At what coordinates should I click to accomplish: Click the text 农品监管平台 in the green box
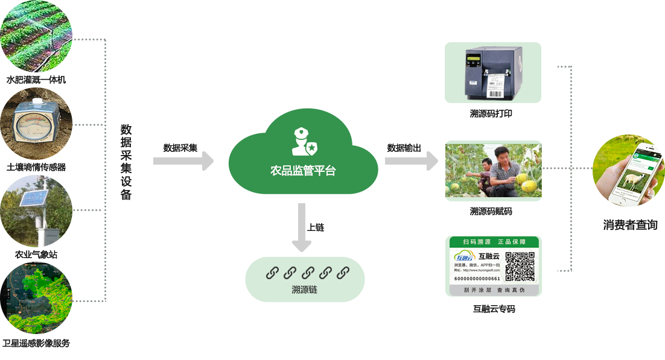tap(303, 171)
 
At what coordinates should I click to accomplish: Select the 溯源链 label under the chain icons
tap(304, 289)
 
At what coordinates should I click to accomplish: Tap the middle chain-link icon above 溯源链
tap(308, 273)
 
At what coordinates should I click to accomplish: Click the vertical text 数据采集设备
tap(126, 162)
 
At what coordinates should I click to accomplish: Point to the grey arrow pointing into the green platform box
tap(183, 161)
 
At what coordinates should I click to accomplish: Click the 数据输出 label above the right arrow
tap(404, 147)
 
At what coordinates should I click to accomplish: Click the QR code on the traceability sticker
tap(520, 267)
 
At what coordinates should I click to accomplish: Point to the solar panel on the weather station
tap(33, 198)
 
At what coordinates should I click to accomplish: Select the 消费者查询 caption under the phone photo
tap(630, 225)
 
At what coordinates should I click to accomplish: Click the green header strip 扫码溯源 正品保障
tap(494, 241)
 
